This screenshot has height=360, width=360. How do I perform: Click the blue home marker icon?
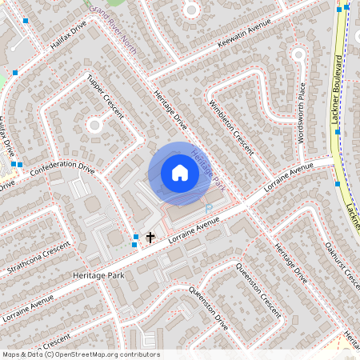tap(180, 173)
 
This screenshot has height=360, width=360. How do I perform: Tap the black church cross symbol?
tap(149, 238)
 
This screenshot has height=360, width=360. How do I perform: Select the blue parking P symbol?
tap(209, 208)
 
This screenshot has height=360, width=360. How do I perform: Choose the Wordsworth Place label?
tap(302, 113)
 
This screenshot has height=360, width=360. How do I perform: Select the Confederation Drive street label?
tap(62, 168)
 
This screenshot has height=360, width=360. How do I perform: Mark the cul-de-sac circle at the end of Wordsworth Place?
tap(298, 55)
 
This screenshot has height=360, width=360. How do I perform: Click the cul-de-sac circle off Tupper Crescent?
tap(94, 124)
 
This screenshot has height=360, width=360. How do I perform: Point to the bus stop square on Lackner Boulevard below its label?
tap(338, 131)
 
